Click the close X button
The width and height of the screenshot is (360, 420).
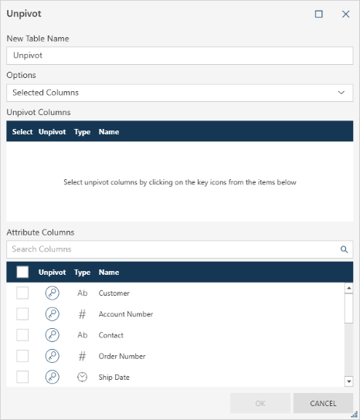click(346, 14)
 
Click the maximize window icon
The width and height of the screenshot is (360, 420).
click(319, 14)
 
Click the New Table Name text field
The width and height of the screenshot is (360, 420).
click(179, 56)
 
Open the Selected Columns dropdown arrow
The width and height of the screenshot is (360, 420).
click(341, 93)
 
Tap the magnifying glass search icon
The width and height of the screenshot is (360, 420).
click(345, 249)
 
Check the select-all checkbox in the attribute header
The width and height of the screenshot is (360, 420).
click(22, 272)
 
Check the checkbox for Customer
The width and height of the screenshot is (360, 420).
click(22, 293)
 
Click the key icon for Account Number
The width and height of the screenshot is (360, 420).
click(53, 314)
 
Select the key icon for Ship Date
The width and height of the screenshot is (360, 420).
click(53, 377)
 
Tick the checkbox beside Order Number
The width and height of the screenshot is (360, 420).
click(22, 356)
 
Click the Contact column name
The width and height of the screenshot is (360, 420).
click(111, 335)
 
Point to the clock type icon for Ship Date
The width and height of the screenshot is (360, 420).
click(83, 377)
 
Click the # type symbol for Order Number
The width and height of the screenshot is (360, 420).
click(83, 356)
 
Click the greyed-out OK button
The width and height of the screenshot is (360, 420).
click(260, 403)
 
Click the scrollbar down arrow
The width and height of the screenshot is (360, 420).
click(348, 381)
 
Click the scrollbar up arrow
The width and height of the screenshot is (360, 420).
click(348, 288)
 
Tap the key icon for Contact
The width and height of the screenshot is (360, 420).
click(53, 335)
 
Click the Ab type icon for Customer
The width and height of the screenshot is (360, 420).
click(83, 293)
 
